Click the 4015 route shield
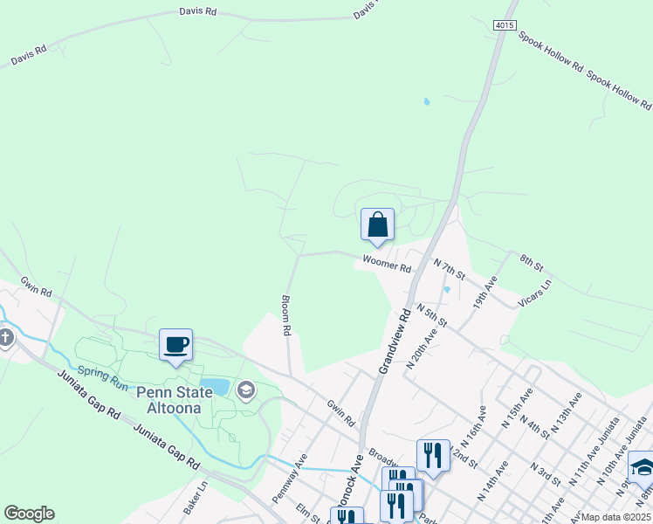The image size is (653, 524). point(505,25)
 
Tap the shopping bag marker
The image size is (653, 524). point(377,224)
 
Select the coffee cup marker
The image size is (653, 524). point(175,344)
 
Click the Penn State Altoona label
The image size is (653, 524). point(174,400)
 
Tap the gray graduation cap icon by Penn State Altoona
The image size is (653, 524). point(246,390)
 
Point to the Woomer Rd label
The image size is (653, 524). point(387,264)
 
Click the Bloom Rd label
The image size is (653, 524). point(285,316)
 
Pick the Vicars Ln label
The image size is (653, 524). point(536,290)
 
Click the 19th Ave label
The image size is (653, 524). point(485,291)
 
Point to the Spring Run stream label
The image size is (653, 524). point(103,377)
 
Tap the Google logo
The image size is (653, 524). point(29,514)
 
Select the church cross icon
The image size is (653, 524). point(5,337)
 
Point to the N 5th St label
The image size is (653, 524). point(431,315)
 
